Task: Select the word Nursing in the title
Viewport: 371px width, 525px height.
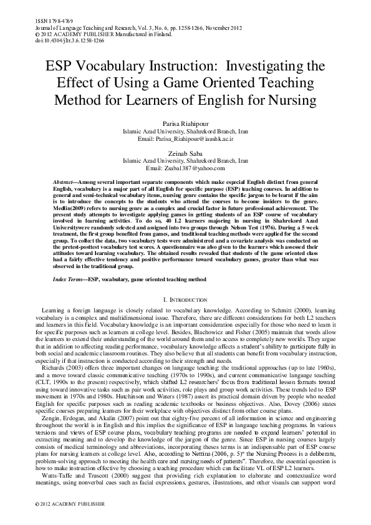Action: tap(293, 99)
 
